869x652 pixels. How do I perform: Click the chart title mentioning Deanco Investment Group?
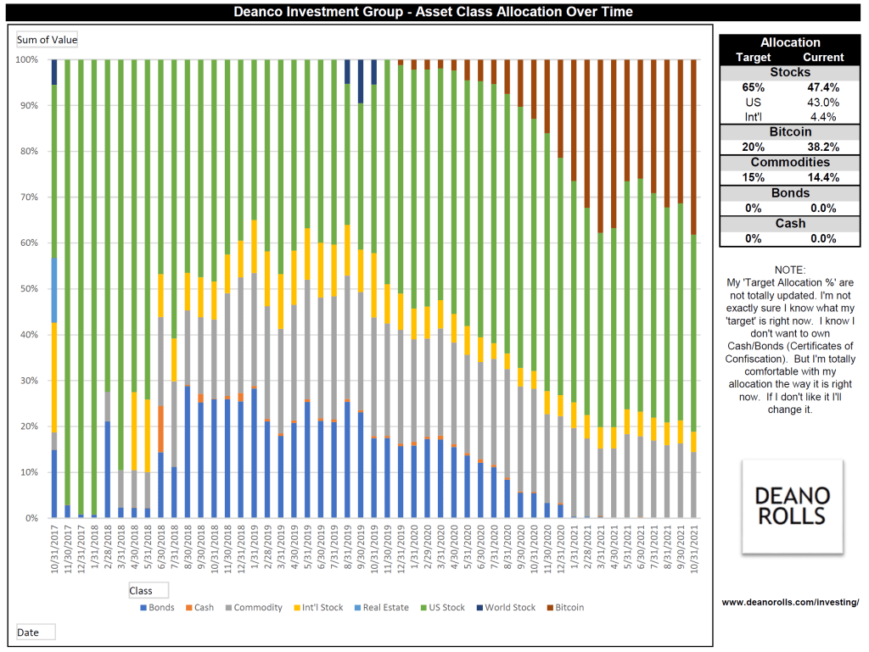click(434, 12)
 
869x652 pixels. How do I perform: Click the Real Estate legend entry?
click(384, 607)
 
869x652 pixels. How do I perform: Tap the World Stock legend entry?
click(509, 607)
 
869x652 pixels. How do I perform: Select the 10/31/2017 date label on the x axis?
click(54, 552)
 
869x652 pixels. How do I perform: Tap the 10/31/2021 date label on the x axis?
click(693, 552)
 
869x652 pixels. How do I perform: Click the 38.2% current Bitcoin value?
click(822, 148)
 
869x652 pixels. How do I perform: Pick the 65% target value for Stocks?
click(753, 87)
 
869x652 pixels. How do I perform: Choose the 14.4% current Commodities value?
click(822, 178)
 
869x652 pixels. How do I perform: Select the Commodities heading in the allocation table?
click(789, 163)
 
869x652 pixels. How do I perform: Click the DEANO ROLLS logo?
click(793, 506)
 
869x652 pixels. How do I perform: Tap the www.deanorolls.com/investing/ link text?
click(790, 602)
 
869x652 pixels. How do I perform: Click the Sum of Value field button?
click(48, 40)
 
